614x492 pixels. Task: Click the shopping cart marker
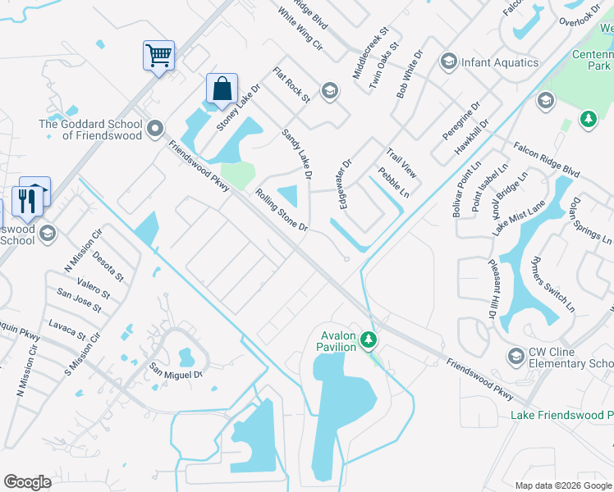click(158, 57)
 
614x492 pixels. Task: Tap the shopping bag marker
click(222, 89)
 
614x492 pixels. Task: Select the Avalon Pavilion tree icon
click(370, 338)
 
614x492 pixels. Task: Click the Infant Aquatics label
click(499, 62)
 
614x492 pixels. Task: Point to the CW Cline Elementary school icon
click(515, 356)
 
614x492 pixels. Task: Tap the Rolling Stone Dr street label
click(281, 210)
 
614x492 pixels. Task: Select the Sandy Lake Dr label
click(297, 153)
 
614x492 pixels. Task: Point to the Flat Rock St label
click(291, 85)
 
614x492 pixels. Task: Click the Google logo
click(27, 482)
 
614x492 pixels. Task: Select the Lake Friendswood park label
click(561, 416)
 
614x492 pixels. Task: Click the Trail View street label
click(402, 163)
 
